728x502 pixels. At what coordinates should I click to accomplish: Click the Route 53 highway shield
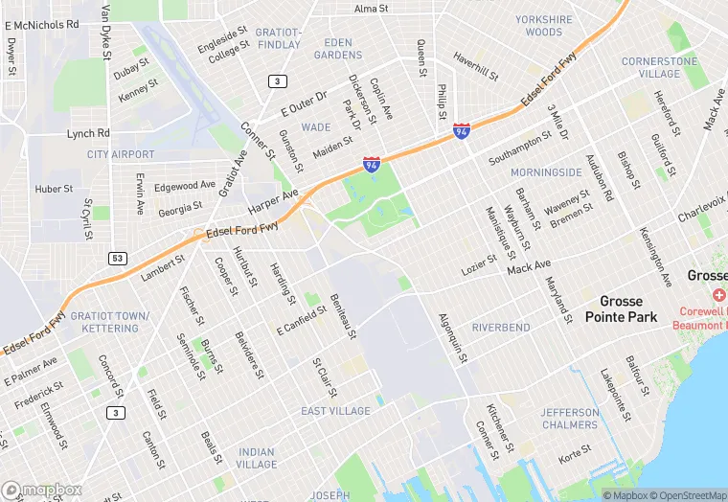coord(118,258)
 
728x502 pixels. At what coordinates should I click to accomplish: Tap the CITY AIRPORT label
coord(120,154)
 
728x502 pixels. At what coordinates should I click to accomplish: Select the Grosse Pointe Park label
coord(621,308)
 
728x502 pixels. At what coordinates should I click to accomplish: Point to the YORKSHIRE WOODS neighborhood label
coord(544,25)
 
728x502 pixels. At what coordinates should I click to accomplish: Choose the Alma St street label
coord(371,9)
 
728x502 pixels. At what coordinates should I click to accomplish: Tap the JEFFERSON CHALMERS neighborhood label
coord(569,419)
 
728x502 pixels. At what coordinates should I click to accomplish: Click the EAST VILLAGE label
coord(335,411)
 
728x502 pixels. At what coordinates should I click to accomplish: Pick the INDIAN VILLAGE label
coord(257,458)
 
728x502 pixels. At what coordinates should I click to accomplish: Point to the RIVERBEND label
coord(501,327)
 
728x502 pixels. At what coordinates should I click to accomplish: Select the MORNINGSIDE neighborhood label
coord(546,172)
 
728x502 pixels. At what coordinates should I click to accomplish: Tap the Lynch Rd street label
coord(88,133)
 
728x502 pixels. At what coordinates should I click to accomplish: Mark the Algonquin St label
coord(451,338)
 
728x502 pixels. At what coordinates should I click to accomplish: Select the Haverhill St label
coord(476,69)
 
